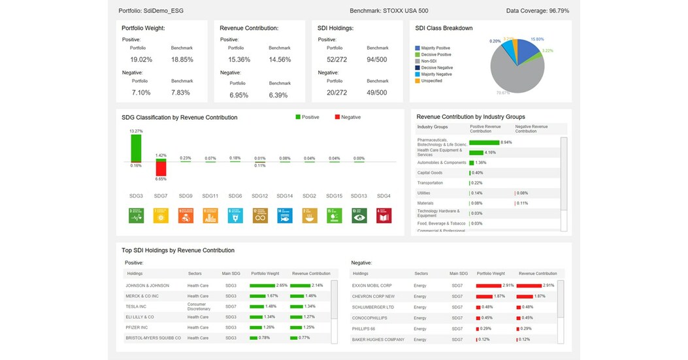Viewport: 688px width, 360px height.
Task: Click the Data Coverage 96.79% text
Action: pos(537,10)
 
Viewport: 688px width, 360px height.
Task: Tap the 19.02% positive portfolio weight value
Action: pos(140,59)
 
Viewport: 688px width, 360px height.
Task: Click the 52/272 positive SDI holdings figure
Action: pos(337,59)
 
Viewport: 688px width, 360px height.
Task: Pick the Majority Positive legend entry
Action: pos(436,48)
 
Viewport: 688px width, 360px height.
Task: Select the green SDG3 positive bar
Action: pos(136,148)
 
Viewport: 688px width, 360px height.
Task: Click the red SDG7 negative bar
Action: pos(161,169)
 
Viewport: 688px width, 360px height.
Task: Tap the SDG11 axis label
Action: pos(210,196)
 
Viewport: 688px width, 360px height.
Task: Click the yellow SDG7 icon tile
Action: pos(161,215)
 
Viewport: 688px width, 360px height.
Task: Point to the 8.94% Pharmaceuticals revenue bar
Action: pos(483,142)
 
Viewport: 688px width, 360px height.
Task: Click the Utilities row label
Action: pos(424,193)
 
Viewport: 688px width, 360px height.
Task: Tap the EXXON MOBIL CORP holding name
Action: pos(372,286)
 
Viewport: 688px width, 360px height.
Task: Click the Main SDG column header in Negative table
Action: pos(459,273)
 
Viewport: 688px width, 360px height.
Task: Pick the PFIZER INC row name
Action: pos(137,327)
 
